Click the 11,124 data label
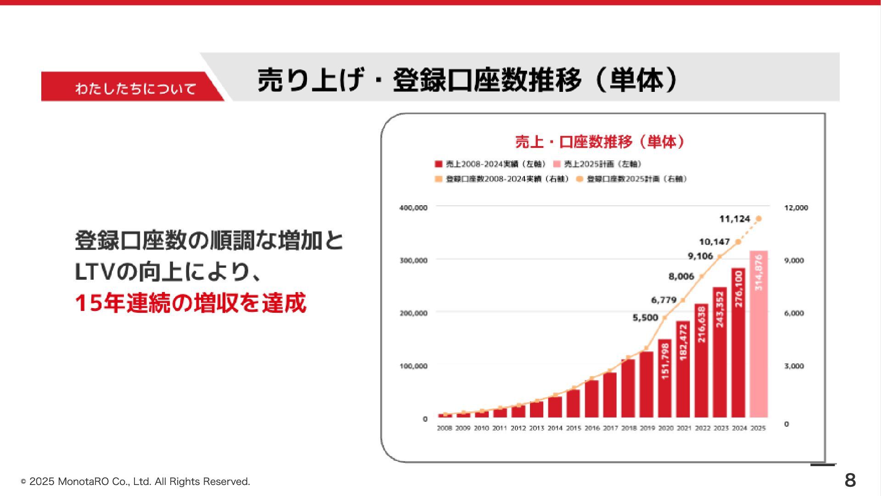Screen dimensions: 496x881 point(734,219)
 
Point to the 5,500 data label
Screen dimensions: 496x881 point(645,318)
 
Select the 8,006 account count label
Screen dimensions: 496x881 point(681,276)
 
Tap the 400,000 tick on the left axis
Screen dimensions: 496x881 point(413,208)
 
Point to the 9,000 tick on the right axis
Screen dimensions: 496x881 point(794,260)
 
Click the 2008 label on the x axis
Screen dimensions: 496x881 point(444,428)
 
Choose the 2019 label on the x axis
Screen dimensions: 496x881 point(647,428)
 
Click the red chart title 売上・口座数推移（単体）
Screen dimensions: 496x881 point(600,142)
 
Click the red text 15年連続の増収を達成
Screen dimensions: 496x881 point(190,303)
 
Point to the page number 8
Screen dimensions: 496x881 point(850,480)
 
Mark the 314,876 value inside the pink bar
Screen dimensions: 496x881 point(758,272)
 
